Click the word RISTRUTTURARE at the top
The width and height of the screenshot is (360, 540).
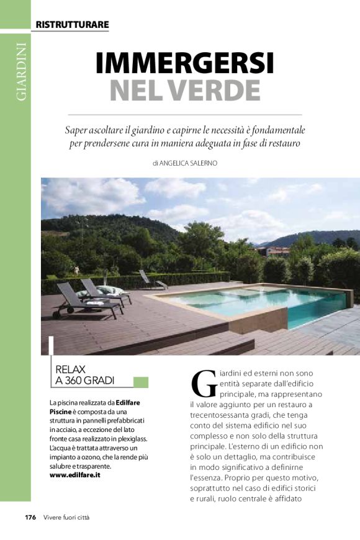point(72,25)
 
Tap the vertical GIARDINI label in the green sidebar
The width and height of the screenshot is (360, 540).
point(21,71)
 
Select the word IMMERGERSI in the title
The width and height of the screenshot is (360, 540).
point(184,63)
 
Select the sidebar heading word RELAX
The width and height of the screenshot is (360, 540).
point(71,368)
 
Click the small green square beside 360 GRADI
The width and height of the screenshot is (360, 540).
point(141,382)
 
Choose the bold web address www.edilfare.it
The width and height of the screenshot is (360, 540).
point(76,475)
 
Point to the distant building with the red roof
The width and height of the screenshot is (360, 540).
point(277,251)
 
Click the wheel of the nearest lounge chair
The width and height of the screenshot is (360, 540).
point(58,315)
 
